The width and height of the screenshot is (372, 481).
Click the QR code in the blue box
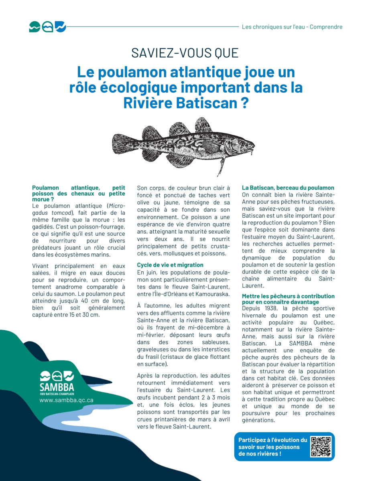[321, 447]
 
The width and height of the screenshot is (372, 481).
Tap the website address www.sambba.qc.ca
[66, 400]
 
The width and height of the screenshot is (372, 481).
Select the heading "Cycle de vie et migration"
[170, 265]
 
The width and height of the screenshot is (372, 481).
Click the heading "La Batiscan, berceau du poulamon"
[288, 188]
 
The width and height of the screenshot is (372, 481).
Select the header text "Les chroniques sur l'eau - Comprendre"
[292, 27]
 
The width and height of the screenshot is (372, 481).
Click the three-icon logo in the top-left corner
[47, 27]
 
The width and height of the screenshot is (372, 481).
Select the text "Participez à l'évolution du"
[272, 440]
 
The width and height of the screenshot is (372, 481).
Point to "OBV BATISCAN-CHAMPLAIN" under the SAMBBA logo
[57, 394]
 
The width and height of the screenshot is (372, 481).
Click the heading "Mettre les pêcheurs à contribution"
[288, 296]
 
